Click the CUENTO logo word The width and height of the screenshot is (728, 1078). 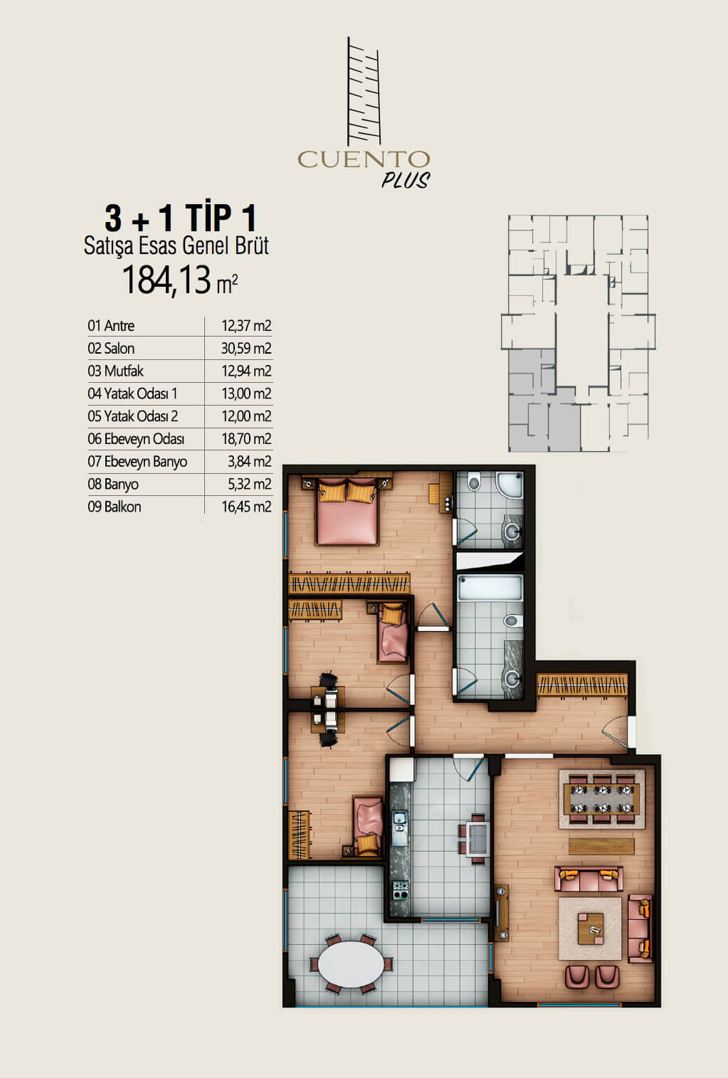[363, 159]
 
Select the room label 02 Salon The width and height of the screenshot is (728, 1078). [111, 349]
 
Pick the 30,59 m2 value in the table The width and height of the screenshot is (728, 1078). [246, 349]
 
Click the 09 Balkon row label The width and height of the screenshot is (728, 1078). [115, 507]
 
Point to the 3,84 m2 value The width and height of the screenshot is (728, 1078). [250, 462]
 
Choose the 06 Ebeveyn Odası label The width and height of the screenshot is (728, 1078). [136, 439]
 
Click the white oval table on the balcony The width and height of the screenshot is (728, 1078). [352, 964]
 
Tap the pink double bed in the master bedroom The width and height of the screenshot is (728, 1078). [347, 512]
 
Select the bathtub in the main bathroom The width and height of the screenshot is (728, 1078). [490, 588]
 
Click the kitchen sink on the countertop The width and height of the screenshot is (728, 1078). [399, 828]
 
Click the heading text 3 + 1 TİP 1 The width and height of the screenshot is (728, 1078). [180, 218]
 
